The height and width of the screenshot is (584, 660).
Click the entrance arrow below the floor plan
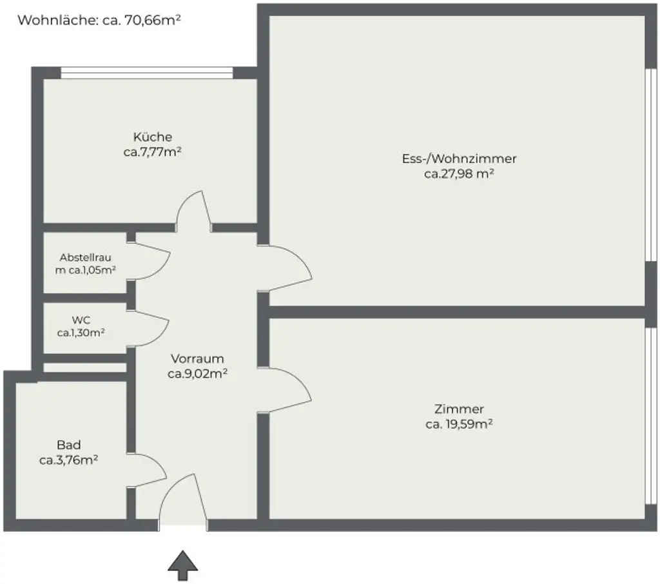click(x=182, y=566)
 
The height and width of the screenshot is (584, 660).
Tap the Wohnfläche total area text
click(x=99, y=20)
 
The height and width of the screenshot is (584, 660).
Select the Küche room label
click(x=152, y=137)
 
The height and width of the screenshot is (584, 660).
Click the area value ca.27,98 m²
click(x=459, y=173)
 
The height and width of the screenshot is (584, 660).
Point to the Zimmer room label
click(x=459, y=409)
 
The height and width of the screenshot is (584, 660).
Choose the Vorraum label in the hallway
click(x=197, y=358)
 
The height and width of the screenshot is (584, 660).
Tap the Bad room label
click(x=68, y=445)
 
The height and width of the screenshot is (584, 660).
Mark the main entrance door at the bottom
click(x=183, y=499)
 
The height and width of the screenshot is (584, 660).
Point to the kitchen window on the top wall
click(x=146, y=73)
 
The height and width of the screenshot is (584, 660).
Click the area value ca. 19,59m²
click(x=459, y=424)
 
